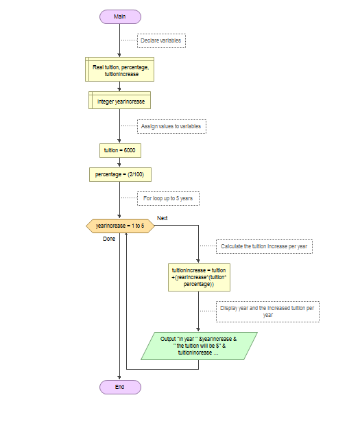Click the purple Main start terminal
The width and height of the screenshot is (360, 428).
tap(120, 17)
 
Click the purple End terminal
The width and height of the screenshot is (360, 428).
tap(120, 387)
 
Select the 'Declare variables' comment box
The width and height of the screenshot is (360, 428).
tap(161, 40)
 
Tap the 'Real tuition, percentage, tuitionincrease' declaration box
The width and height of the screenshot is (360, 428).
tap(119, 69)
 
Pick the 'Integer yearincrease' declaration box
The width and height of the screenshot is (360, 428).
tap(119, 100)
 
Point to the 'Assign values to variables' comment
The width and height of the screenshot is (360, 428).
tap(171, 126)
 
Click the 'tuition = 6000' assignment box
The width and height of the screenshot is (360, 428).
tap(120, 150)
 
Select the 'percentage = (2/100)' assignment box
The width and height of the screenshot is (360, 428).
tap(120, 174)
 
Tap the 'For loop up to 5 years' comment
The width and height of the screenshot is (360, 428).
tap(168, 198)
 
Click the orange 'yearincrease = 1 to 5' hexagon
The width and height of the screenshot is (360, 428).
tap(120, 226)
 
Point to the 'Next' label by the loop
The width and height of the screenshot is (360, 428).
tap(162, 218)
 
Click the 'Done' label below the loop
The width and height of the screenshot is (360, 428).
tap(109, 239)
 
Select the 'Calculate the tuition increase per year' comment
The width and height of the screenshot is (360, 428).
tap(264, 246)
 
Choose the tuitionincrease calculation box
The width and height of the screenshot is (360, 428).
tap(199, 277)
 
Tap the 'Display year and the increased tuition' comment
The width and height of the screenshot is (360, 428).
tap(267, 311)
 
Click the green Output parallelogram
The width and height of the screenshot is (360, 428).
tap(199, 346)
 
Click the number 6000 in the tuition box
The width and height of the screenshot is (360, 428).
tap(130, 150)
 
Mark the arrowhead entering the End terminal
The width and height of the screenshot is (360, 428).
tap(119, 378)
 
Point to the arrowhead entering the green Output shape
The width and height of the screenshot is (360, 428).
tap(198, 330)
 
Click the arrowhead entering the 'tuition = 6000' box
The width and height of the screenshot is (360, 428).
tap(119, 141)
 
